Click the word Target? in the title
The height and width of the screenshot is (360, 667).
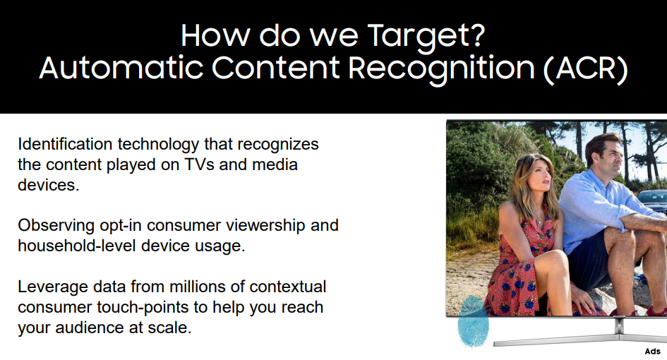[x=426, y=37]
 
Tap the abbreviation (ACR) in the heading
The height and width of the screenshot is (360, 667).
[x=585, y=68]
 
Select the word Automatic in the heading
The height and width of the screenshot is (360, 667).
[x=121, y=68]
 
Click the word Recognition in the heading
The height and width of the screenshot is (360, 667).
[x=441, y=70]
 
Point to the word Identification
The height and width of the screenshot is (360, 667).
[x=65, y=144]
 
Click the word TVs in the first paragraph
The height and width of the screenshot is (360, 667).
[x=200, y=164]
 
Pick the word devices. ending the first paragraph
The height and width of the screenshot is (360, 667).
[x=49, y=185]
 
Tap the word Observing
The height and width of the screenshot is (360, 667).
[x=56, y=226]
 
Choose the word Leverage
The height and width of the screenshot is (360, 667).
[x=53, y=287]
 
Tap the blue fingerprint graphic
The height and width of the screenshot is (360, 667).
[x=473, y=321]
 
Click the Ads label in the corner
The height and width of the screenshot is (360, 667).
[x=653, y=352]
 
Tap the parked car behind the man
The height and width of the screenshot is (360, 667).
[x=652, y=201]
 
